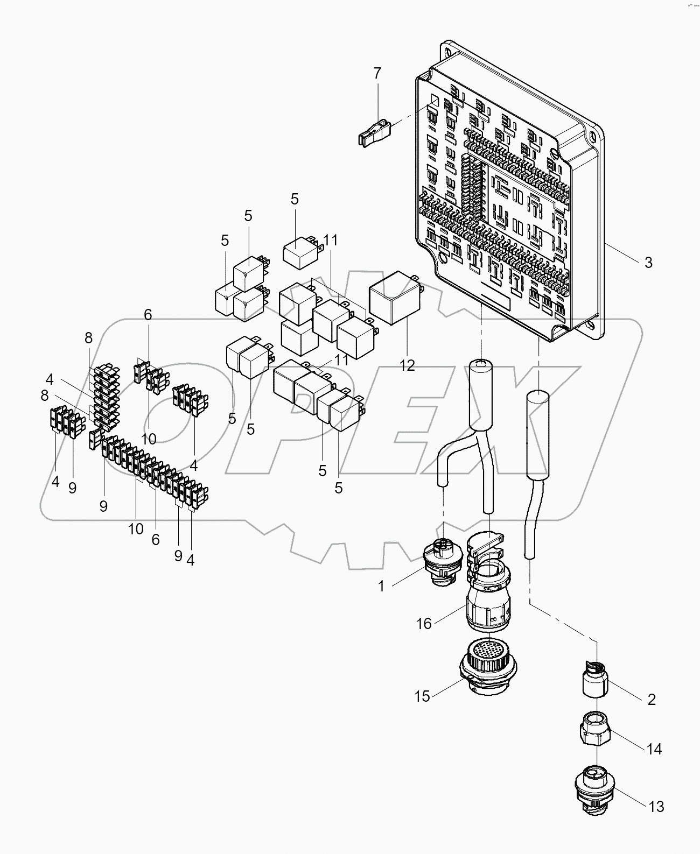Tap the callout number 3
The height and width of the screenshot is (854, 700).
click(648, 263)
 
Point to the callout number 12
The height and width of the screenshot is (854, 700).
click(408, 365)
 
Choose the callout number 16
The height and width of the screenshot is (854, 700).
click(424, 623)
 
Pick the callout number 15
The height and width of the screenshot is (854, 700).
click(422, 696)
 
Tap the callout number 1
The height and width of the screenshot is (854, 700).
click(381, 587)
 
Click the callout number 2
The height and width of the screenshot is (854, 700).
click(652, 700)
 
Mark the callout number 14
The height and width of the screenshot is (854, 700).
click(654, 749)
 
